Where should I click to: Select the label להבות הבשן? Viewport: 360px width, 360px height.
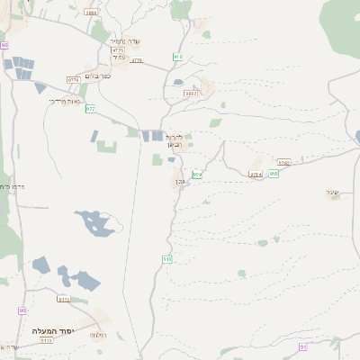pos(174,140)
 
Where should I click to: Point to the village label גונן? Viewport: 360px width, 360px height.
pos(179,183)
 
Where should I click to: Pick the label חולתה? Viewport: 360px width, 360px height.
pos(97,335)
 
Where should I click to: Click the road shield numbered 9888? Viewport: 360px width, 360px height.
pos(91,13)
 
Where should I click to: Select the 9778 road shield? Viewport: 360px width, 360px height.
pos(73,80)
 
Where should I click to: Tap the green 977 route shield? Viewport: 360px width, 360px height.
pos(90,108)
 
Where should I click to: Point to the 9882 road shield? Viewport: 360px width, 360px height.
pos(190,93)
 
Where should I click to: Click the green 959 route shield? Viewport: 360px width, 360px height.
pos(274,172)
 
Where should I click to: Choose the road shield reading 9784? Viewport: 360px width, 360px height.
pos(256,173)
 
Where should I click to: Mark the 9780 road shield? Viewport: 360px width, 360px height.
pos(283,163)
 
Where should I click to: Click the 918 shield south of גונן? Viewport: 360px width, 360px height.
pos(167,259)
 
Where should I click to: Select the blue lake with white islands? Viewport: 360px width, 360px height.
pos(95,223)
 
